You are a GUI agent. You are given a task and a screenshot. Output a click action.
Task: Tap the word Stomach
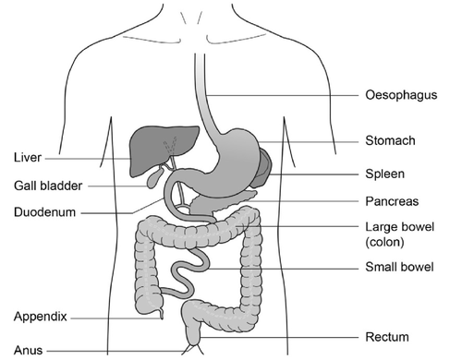click(390, 141)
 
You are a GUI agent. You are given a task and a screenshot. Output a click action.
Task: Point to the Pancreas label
click(392, 200)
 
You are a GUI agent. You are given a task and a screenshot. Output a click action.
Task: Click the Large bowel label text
click(399, 227)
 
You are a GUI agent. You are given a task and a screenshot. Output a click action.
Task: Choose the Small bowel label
click(396, 269)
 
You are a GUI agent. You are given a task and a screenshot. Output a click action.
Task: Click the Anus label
click(27, 351)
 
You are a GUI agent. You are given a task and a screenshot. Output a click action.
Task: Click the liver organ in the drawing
click(148, 148)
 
